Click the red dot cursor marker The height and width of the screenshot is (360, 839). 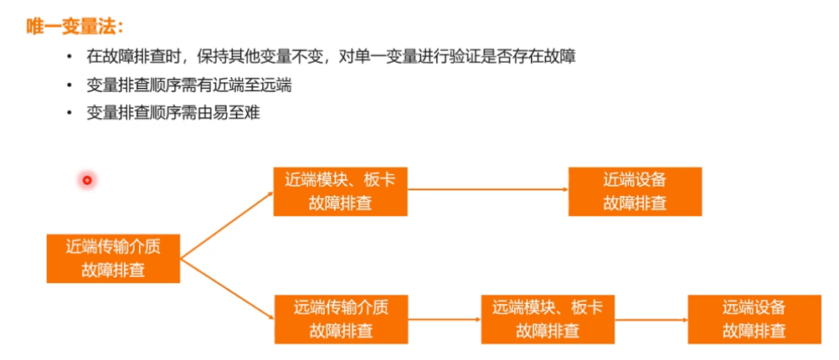[85, 179]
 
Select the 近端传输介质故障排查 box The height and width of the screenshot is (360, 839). [113, 258]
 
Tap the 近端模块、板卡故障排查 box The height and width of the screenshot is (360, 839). [340, 191]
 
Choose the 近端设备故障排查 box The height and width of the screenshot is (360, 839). [635, 191]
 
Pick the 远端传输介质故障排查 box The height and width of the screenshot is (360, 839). [341, 318]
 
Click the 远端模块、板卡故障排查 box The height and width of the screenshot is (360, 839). [548, 318]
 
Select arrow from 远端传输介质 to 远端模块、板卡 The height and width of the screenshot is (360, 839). [444, 318]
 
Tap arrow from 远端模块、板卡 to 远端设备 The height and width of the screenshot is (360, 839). [651, 318]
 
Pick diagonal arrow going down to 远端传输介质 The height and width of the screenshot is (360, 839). [226, 289]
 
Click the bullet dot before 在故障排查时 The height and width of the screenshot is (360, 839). [69, 57]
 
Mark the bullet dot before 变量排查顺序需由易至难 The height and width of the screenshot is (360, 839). [69, 112]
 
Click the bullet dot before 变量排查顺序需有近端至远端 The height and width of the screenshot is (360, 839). [69, 85]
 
